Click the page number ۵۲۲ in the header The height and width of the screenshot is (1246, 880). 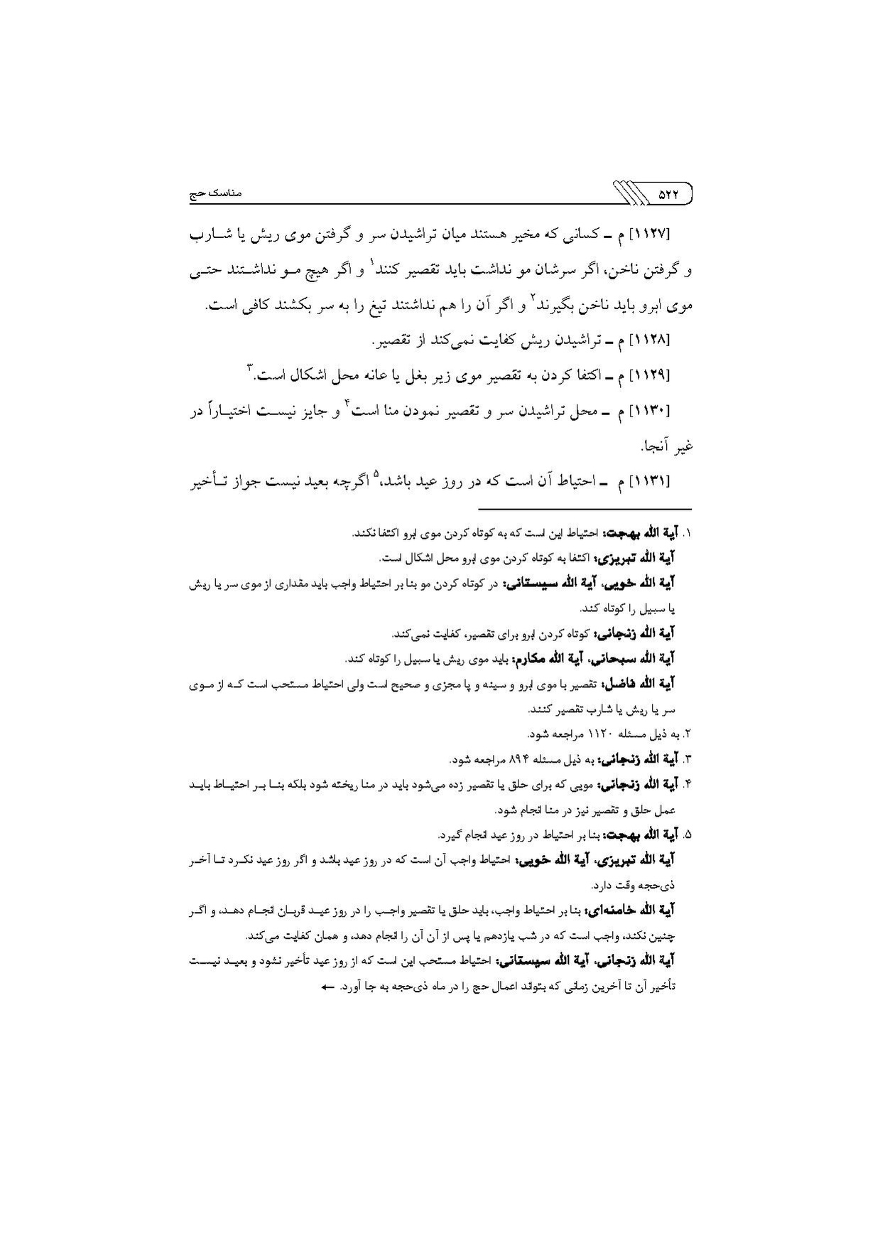[x=667, y=193]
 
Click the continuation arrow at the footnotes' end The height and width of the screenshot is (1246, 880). [x=327, y=988]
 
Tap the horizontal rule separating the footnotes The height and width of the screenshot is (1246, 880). [x=584, y=509]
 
